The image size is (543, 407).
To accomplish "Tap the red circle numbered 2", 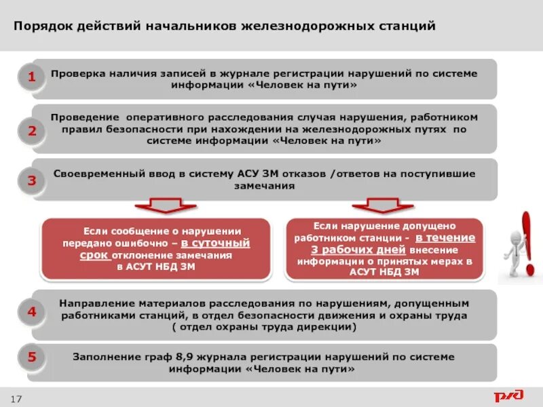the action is click(31, 131).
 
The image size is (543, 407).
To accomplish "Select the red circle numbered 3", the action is click(31, 180).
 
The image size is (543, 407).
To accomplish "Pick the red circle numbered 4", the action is click(31, 313).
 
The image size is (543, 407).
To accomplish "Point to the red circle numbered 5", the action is click(31, 357).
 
